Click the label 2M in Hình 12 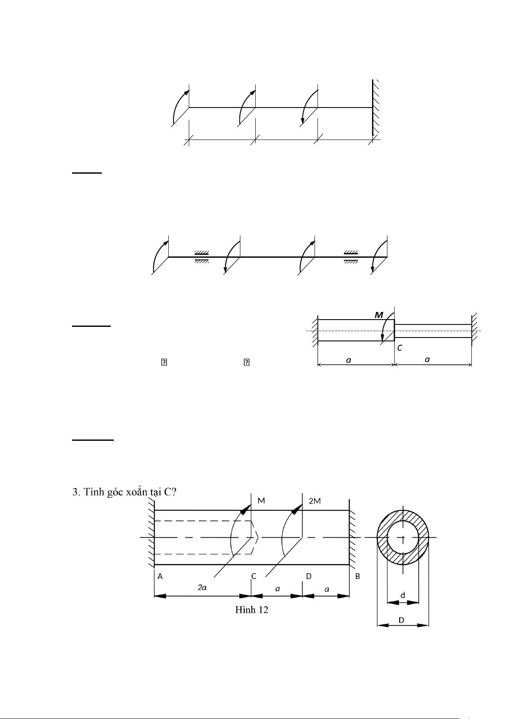(315, 501)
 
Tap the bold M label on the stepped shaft (378, 315)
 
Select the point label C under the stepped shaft (400, 348)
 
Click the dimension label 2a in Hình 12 (202, 588)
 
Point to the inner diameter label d (403, 594)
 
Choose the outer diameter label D (402, 620)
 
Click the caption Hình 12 (252, 610)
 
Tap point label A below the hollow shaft (160, 576)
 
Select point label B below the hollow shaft (358, 576)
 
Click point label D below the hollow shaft (309, 576)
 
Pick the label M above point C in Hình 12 (261, 501)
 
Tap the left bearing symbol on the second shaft (202, 257)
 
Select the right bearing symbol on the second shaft (351, 257)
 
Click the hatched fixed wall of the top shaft (375, 107)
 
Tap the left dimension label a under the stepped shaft (349, 360)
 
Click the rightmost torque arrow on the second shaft (379, 256)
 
